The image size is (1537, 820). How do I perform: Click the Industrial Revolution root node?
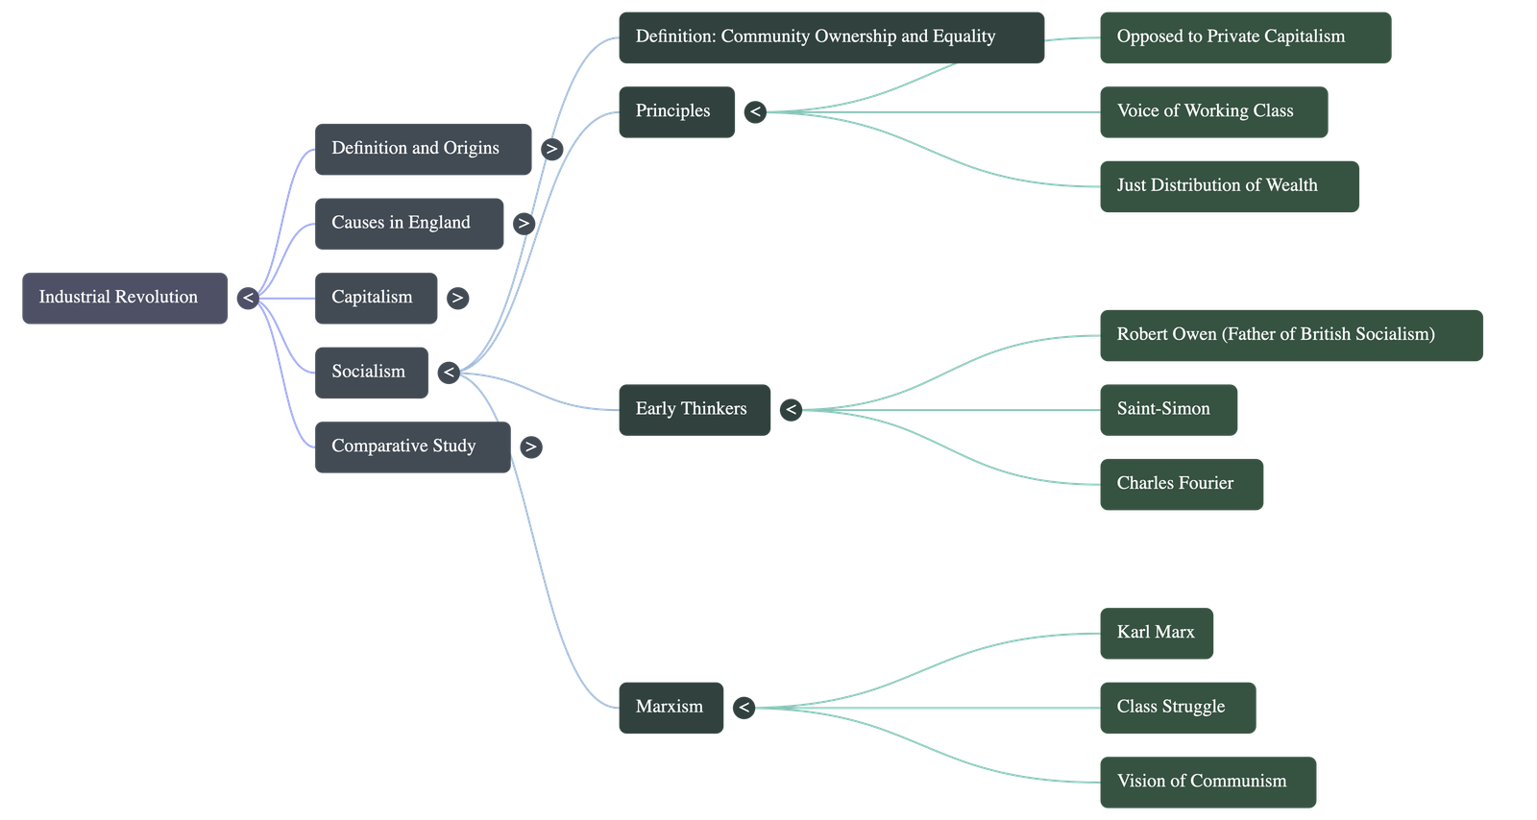tap(125, 299)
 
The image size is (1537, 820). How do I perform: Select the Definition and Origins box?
tap(424, 150)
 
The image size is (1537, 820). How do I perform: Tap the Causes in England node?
tap(409, 224)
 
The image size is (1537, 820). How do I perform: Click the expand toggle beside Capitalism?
tap(457, 299)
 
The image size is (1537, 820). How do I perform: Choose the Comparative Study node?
tap(413, 447)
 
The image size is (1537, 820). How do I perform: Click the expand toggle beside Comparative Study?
tap(531, 447)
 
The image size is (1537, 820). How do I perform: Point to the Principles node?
tap(677, 111)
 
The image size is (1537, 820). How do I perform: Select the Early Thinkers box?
tap(695, 410)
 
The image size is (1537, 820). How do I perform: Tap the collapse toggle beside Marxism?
tap(744, 708)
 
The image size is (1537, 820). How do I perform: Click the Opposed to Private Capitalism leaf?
tap(1246, 37)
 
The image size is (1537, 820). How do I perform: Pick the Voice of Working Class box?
tap(1214, 111)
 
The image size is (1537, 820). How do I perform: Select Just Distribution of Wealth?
tap(1230, 186)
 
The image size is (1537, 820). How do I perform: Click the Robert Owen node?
tap(1292, 335)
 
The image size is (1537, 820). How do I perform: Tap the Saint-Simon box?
tap(1169, 410)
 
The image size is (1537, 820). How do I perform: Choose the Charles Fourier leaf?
tap(1183, 484)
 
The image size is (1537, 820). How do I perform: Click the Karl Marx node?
tap(1157, 634)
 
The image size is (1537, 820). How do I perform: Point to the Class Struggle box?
tap(1179, 708)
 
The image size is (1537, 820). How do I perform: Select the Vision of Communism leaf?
tap(1208, 783)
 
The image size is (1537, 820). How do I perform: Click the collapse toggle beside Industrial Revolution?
tap(248, 299)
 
